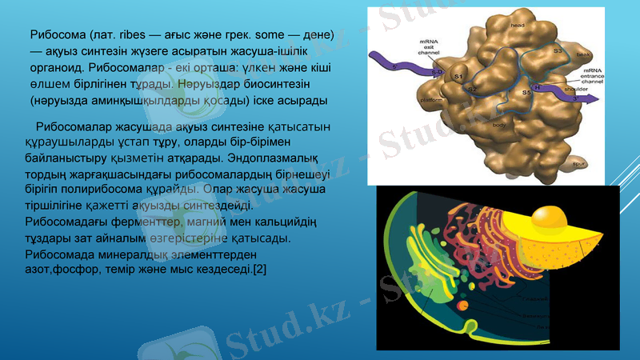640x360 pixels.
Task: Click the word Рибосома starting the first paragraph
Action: [x=57, y=36]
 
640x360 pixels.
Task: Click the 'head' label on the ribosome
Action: [x=518, y=25]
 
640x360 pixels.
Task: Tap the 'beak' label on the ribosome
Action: [x=583, y=54]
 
